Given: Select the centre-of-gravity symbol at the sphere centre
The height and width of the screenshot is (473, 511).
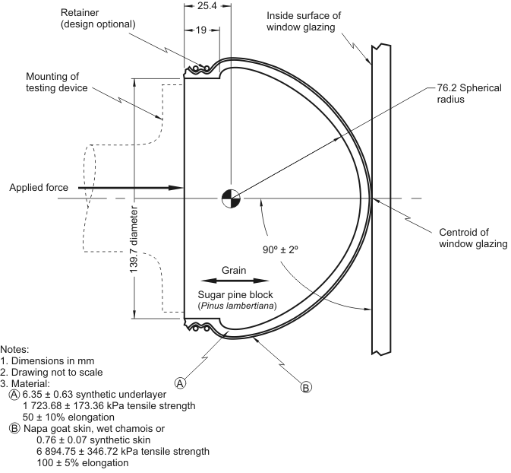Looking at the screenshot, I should point(230,198).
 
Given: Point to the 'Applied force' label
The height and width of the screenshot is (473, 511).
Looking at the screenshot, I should point(39,187).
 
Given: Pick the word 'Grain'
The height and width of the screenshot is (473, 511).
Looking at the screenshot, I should point(233,270).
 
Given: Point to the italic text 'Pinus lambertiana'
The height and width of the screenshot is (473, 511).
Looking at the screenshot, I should point(236,306).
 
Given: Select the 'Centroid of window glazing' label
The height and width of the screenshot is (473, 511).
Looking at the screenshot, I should point(473,238).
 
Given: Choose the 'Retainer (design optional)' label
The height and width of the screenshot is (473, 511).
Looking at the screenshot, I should point(98,18).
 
